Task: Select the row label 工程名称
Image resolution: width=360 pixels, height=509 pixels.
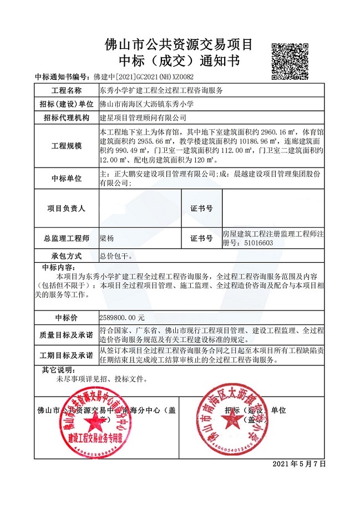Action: pyautogui.click(x=67, y=90)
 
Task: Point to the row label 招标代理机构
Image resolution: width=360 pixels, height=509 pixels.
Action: pyautogui.click(x=67, y=118)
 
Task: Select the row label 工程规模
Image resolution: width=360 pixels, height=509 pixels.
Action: pyautogui.click(x=67, y=146)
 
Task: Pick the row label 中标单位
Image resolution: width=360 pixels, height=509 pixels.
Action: pyautogui.click(x=67, y=179)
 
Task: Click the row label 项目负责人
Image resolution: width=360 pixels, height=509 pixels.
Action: pyautogui.click(x=67, y=208)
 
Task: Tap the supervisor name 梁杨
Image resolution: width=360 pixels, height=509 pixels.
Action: pyautogui.click(x=107, y=238)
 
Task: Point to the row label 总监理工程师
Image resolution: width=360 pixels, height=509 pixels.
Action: pyautogui.click(x=67, y=238)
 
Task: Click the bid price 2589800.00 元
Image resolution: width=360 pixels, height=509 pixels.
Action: pyautogui.click(x=122, y=318)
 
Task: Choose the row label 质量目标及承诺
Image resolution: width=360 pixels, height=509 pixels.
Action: pyautogui.click(x=67, y=335)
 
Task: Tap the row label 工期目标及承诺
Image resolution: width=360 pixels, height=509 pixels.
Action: pyautogui.click(x=67, y=355)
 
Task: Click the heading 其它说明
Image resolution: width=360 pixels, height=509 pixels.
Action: pyautogui.click(x=58, y=370)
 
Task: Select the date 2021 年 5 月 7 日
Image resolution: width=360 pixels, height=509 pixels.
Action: pyautogui.click(x=300, y=464)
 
